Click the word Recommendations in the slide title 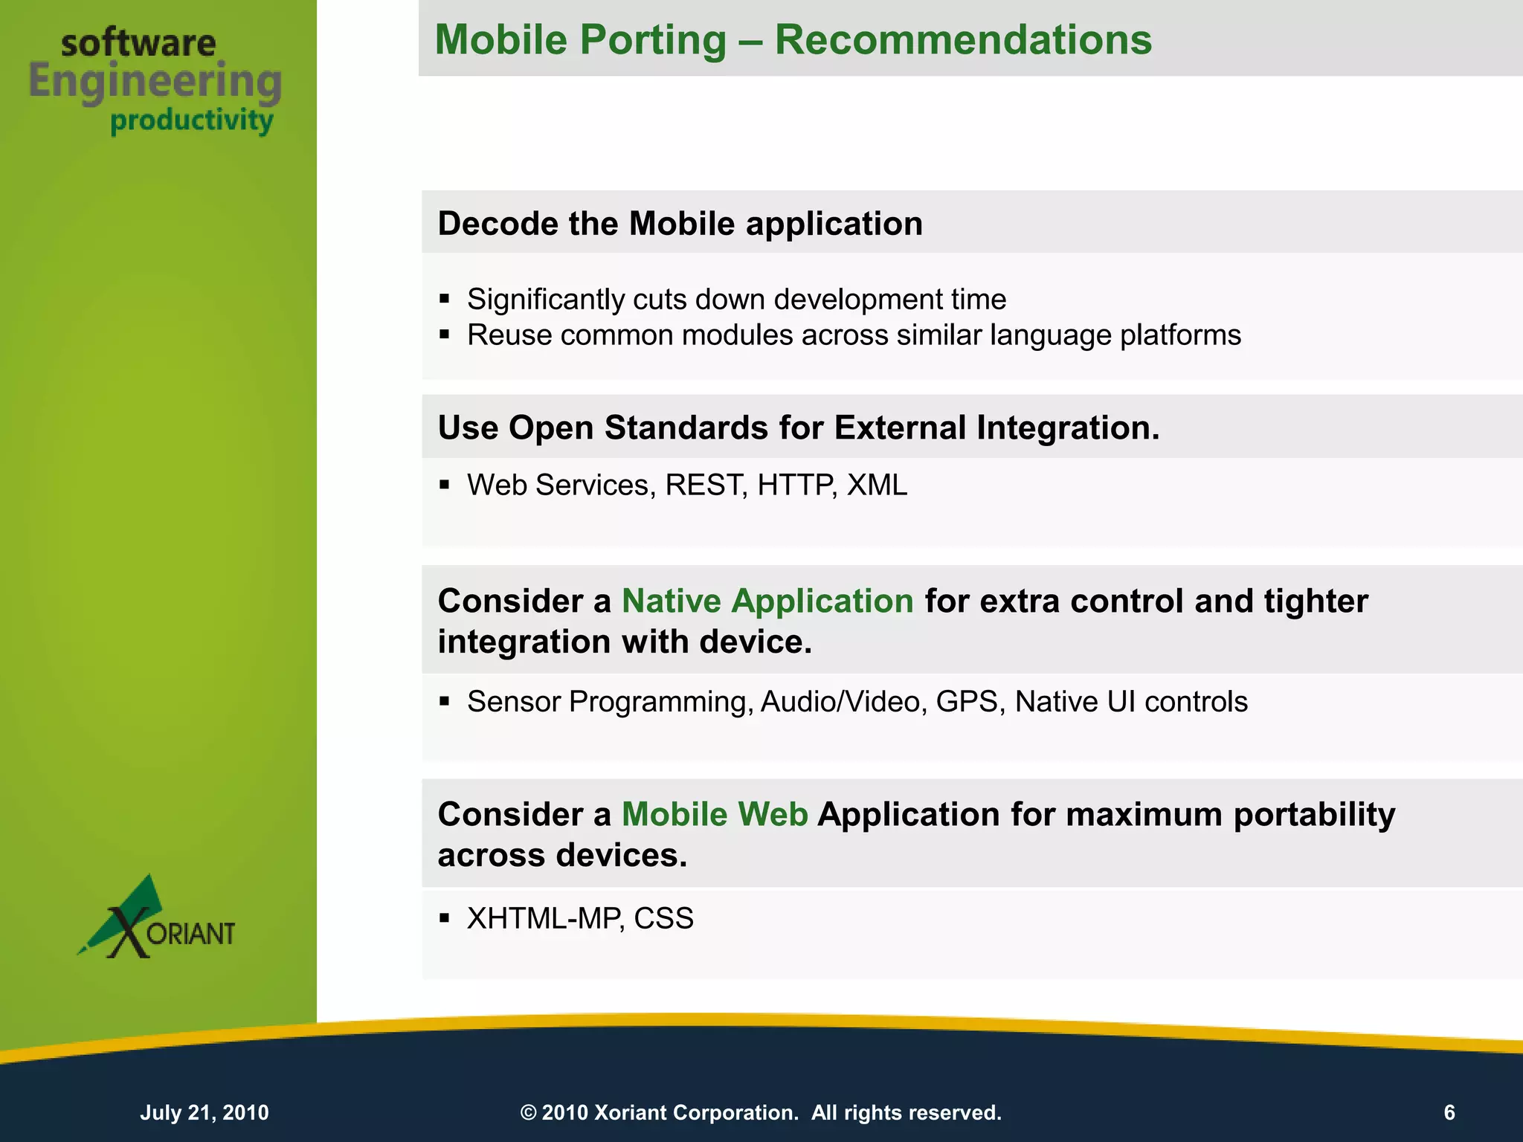click(x=963, y=40)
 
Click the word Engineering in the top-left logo click(x=155, y=82)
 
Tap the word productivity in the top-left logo click(x=192, y=120)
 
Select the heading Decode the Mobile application click(x=680, y=224)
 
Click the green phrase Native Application click(x=767, y=601)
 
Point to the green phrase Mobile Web click(x=715, y=814)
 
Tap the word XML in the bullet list click(x=877, y=485)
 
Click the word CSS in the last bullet click(x=663, y=919)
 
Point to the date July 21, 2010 click(x=205, y=1112)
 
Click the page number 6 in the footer click(x=1449, y=1112)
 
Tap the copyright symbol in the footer click(x=528, y=1113)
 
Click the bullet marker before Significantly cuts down click(x=445, y=300)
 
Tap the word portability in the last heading click(x=1314, y=814)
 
